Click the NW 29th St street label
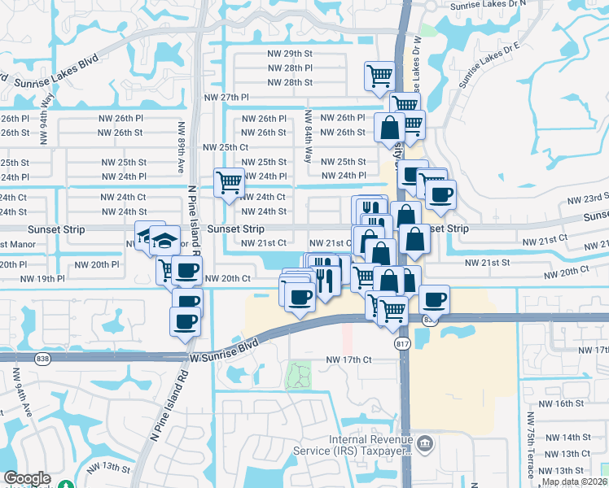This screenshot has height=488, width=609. coord(289,54)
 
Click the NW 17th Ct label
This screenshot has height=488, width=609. coord(348,359)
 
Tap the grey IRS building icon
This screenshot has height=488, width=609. coord(425,443)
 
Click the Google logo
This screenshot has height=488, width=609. coord(27,479)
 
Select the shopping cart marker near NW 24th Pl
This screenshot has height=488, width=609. coord(229,181)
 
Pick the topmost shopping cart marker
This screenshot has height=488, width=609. coord(380,76)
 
